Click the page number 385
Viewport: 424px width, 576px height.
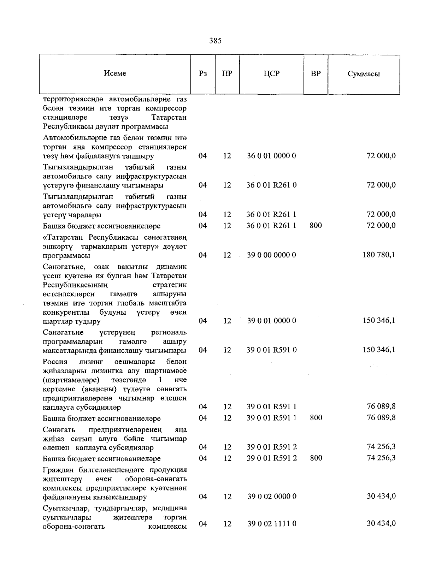tap(215, 41)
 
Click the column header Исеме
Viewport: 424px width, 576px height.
tap(115, 73)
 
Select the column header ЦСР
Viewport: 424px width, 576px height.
tap(271, 74)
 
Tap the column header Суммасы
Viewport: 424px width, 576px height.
tap(364, 74)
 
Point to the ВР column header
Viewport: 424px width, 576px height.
tap(316, 74)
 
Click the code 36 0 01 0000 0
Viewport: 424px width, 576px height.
tap(271, 156)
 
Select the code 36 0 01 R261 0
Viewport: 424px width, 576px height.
tap(271, 185)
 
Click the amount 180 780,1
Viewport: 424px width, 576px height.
tap(379, 255)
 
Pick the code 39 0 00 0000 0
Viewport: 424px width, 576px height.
tap(271, 255)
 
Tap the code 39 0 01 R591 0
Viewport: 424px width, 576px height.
tap(271, 350)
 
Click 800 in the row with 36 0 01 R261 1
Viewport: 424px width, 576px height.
tap(316, 225)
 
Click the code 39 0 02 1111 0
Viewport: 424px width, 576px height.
tap(271, 524)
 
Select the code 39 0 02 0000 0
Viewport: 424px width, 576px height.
tap(271, 497)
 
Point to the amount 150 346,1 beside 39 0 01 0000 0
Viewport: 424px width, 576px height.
tap(379, 320)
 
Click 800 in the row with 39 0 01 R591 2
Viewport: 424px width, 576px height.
tap(316, 458)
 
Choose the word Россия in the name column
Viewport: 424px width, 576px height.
tap(55, 362)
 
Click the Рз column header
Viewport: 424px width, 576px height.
tap(202, 74)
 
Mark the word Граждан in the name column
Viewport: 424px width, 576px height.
tap(58, 470)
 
